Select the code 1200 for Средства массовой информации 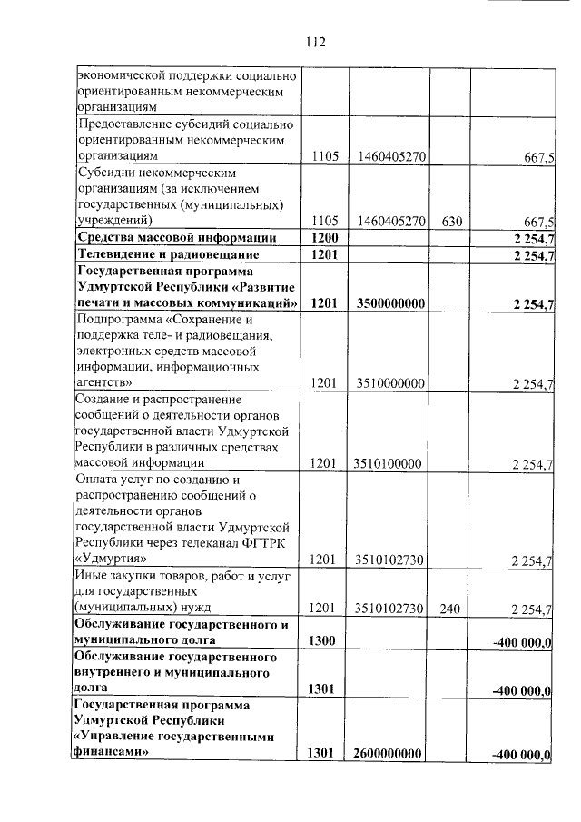coord(324,238)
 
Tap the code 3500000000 coord(388,303)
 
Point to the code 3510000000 coord(388,384)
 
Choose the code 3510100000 coord(388,464)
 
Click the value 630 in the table coord(451,220)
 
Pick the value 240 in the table coord(451,609)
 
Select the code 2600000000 coord(388,754)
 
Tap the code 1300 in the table coord(324,641)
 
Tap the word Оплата coord(99,479)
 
